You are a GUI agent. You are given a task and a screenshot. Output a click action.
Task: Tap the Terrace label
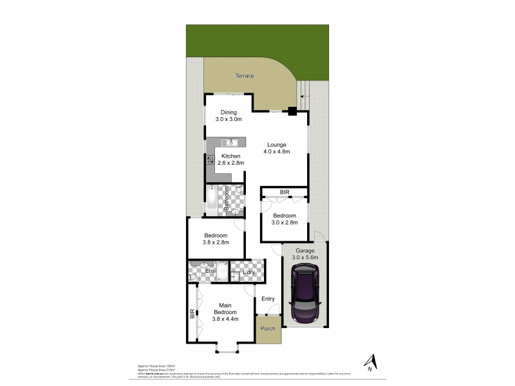[x=244, y=76]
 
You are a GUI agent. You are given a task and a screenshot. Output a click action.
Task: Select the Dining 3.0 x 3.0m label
[x=229, y=115]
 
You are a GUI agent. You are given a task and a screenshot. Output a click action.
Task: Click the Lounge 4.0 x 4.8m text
[x=277, y=148]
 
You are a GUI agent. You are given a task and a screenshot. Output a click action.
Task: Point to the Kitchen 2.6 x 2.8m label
[x=230, y=160]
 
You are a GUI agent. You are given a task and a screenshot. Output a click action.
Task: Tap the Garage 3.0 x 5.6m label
[x=304, y=254]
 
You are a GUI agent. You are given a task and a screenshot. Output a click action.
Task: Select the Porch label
[x=268, y=329]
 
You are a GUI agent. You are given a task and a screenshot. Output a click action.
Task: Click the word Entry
[x=268, y=299]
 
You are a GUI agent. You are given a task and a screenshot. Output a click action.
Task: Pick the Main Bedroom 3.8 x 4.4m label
[x=225, y=312]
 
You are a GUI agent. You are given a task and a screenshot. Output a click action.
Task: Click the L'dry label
[x=248, y=271]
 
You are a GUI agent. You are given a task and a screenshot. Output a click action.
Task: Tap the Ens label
[x=209, y=271]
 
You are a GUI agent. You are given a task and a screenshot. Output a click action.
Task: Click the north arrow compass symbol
[x=369, y=363]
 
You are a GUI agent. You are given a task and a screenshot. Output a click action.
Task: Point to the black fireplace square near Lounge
[x=292, y=111]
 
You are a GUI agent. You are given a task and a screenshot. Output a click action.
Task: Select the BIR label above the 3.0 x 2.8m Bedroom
[x=284, y=192]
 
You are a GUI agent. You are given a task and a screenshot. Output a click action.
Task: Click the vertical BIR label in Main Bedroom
[x=192, y=315]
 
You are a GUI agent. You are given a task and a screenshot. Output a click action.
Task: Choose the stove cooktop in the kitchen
[x=210, y=161]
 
